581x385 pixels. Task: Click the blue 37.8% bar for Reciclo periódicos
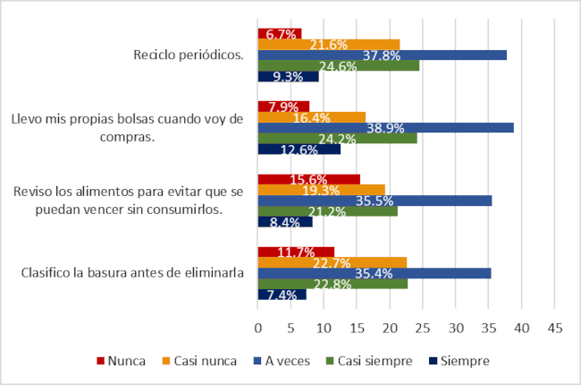coord(383,55)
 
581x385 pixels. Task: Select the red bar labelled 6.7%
coord(279,34)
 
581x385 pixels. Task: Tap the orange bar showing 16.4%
coord(311,117)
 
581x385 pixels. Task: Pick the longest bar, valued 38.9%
coord(385,127)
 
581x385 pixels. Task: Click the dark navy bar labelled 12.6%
coord(299,149)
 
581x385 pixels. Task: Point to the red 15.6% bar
coord(308,179)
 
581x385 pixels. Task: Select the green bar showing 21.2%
coord(327,211)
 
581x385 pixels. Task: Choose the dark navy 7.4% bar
coord(282,294)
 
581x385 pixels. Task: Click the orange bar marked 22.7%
coord(332,262)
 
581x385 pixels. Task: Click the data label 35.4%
coord(375,273)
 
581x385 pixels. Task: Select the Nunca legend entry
coord(122,361)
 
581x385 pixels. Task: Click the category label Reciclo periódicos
coord(189,55)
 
